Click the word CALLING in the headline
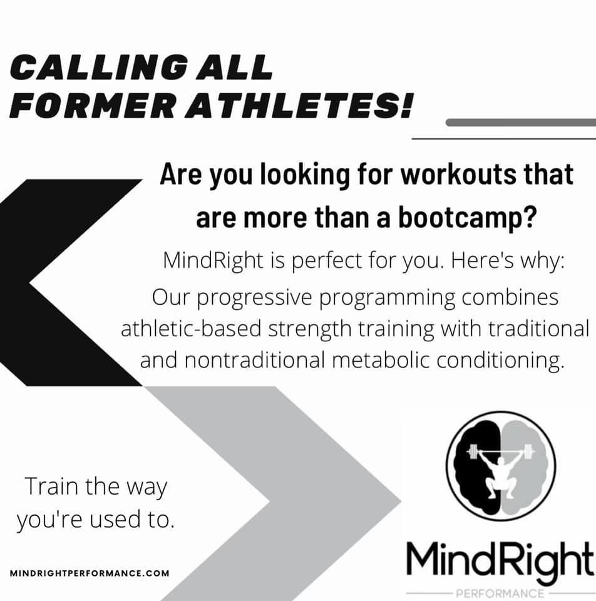[x=98, y=67]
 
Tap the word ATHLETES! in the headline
[x=299, y=105]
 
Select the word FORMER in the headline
[x=92, y=105]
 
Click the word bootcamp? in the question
[x=466, y=218]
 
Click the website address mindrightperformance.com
[x=90, y=573]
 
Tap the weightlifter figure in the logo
[x=501, y=470]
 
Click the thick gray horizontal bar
[x=521, y=123]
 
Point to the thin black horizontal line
[x=503, y=138]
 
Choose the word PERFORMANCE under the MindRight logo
[x=500, y=593]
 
